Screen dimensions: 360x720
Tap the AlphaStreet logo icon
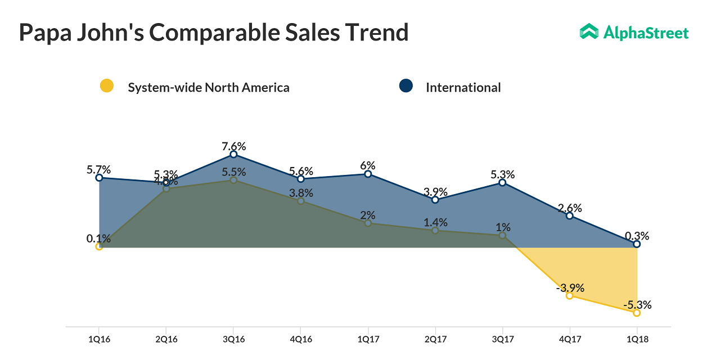(x=589, y=32)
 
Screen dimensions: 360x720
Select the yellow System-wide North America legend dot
(x=106, y=86)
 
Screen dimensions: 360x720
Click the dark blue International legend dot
(x=406, y=86)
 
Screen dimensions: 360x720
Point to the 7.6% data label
(x=234, y=146)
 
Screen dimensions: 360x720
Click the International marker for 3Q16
(x=233, y=154)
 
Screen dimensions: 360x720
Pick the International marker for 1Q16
(x=99, y=178)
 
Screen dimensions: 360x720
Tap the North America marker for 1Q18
(x=637, y=313)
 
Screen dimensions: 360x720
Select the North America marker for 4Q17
(x=569, y=295)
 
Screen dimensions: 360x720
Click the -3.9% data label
(x=570, y=287)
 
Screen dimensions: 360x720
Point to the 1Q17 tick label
(x=368, y=340)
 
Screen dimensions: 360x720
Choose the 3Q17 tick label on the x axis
(x=502, y=340)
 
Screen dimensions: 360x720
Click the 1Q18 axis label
(x=637, y=340)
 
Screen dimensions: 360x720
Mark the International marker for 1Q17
(x=368, y=174)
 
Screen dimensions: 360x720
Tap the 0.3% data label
(x=637, y=236)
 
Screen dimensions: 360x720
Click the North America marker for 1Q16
(x=99, y=246)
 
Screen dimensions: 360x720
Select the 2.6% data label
(x=570, y=208)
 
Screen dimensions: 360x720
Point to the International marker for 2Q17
(x=435, y=200)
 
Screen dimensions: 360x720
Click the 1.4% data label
(x=435, y=222)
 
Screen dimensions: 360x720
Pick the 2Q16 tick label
(x=166, y=340)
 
